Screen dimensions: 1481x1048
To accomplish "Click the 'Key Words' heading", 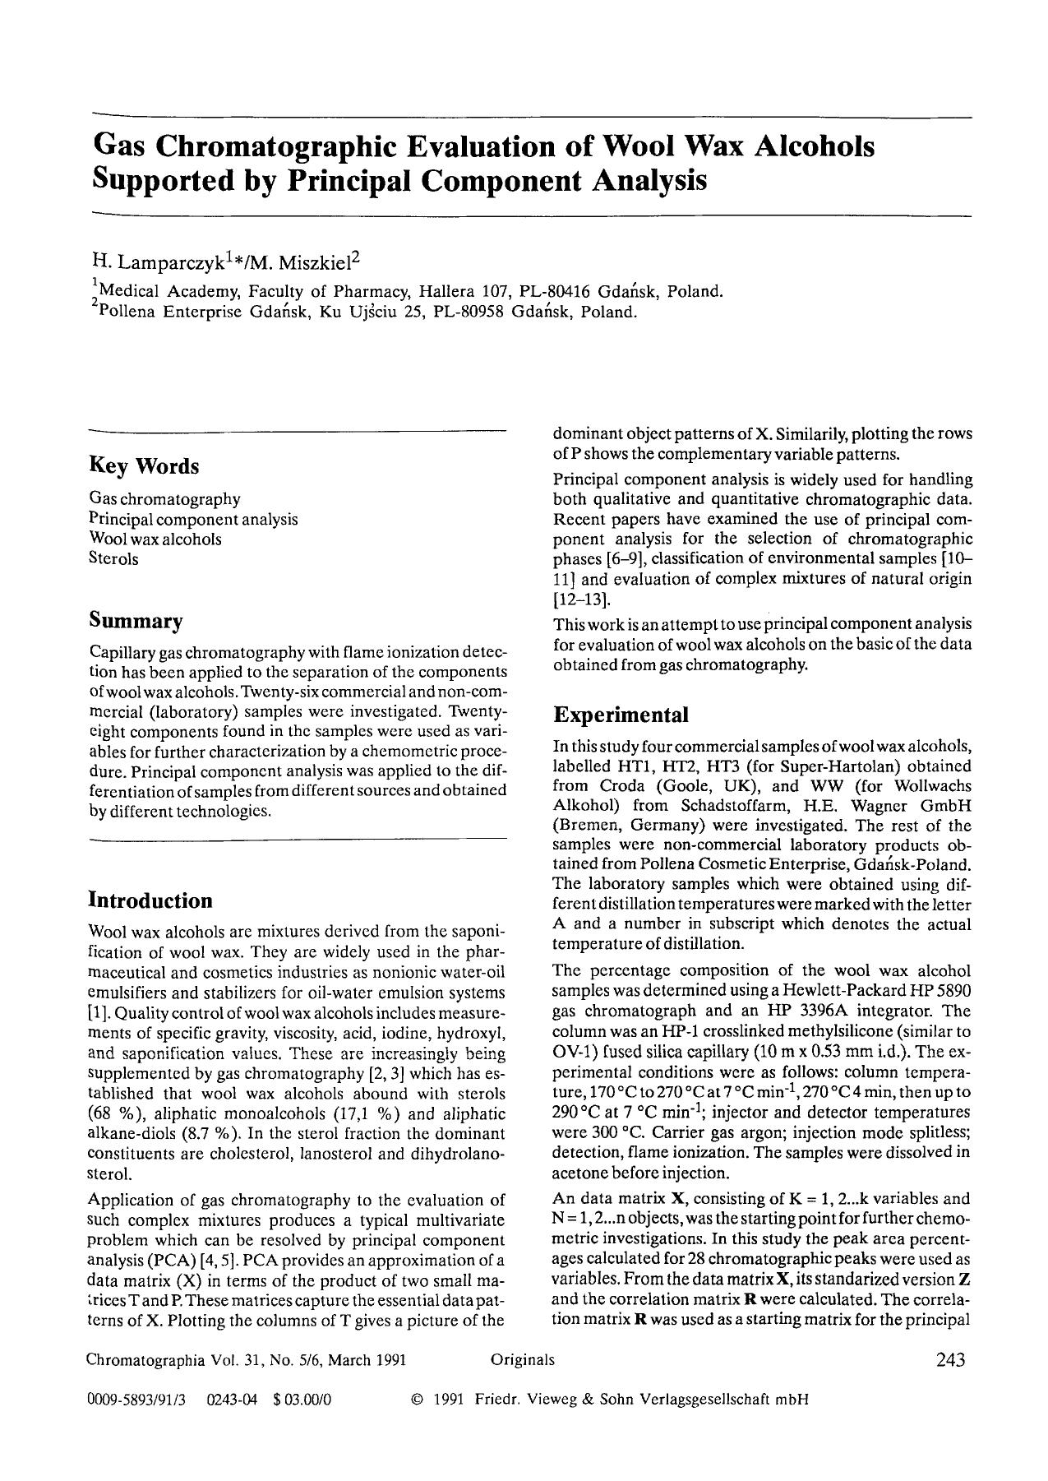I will tap(144, 466).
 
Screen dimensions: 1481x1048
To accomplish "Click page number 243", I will tap(950, 1360).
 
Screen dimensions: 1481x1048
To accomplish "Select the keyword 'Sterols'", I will tap(113, 559).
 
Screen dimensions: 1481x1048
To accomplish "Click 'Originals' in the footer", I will tap(522, 1360).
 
